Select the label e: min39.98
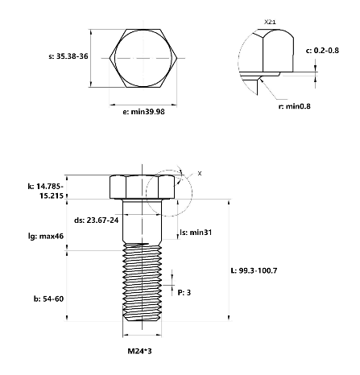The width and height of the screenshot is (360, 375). (x=143, y=112)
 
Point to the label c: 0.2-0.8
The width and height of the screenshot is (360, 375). (x=326, y=50)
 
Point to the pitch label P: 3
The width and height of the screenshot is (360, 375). (x=184, y=292)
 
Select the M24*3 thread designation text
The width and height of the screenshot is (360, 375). (x=143, y=351)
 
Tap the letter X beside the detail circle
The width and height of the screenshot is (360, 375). (x=200, y=173)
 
